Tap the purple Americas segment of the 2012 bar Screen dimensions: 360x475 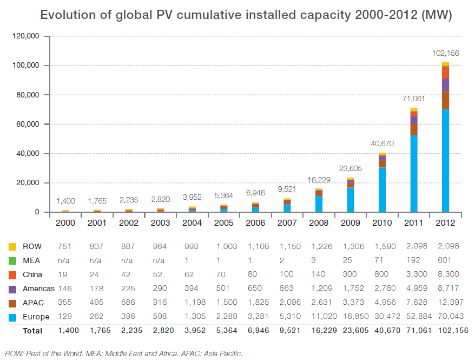(x=445, y=85)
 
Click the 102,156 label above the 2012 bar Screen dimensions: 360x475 (x=445, y=53)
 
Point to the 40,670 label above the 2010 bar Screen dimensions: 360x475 (x=382, y=143)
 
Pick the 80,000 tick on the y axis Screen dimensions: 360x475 (x=26, y=95)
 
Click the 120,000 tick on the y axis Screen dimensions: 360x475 (x=24, y=36)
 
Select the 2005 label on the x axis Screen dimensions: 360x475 (x=223, y=222)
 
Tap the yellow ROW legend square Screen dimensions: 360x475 (x=12, y=246)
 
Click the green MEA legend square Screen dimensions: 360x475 (x=12, y=260)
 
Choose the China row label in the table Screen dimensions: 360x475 (x=32, y=274)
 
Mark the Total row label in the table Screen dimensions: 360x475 (x=33, y=330)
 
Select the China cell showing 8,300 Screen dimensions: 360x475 (x=446, y=274)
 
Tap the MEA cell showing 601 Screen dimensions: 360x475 (x=446, y=260)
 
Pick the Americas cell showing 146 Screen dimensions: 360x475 (x=65, y=289)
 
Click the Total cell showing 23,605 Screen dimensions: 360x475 (x=351, y=330)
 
